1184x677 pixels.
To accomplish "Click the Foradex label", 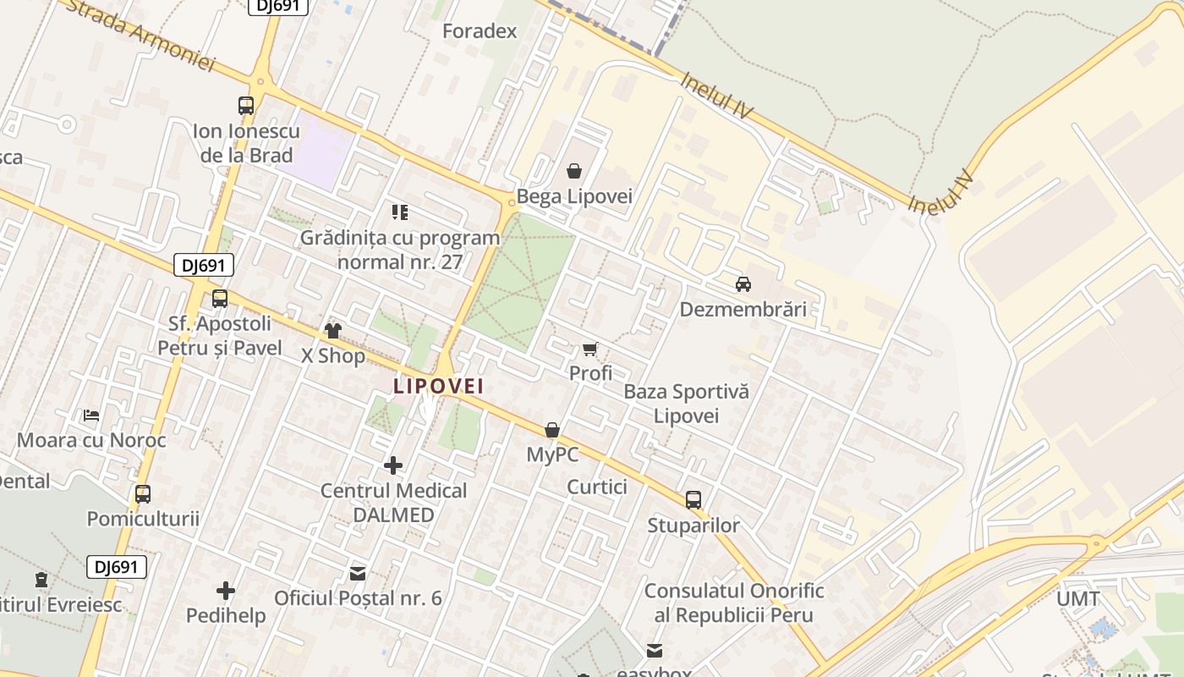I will tap(480, 32).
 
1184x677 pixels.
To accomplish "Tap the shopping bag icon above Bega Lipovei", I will tap(574, 172).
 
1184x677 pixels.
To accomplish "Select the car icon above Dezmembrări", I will tap(743, 284).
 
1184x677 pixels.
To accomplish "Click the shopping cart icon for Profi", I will tap(590, 349).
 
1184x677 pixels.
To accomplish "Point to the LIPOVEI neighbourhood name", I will tap(438, 386).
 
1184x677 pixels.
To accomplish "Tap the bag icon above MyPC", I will tap(552, 430).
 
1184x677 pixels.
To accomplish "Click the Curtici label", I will tap(597, 487).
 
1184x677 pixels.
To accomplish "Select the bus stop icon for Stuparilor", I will tap(693, 500).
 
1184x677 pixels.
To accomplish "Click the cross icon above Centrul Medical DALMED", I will tap(393, 465).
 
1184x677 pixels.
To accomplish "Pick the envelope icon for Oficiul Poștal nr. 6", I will tap(358, 574).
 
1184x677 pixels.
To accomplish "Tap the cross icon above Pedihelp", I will tap(226, 590).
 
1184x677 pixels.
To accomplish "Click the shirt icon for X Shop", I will tap(333, 331).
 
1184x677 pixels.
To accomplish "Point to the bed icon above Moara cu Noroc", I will tap(91, 416).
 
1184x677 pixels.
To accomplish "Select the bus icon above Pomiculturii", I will tap(143, 493).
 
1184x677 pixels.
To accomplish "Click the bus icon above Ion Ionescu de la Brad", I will tap(246, 106).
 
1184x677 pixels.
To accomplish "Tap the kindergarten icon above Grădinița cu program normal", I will tap(400, 212).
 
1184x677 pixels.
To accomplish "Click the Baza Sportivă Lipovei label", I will tap(686, 404).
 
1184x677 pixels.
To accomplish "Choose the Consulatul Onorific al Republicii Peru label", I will tap(734, 603).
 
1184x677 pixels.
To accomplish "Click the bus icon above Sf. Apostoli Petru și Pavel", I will tap(220, 298).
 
